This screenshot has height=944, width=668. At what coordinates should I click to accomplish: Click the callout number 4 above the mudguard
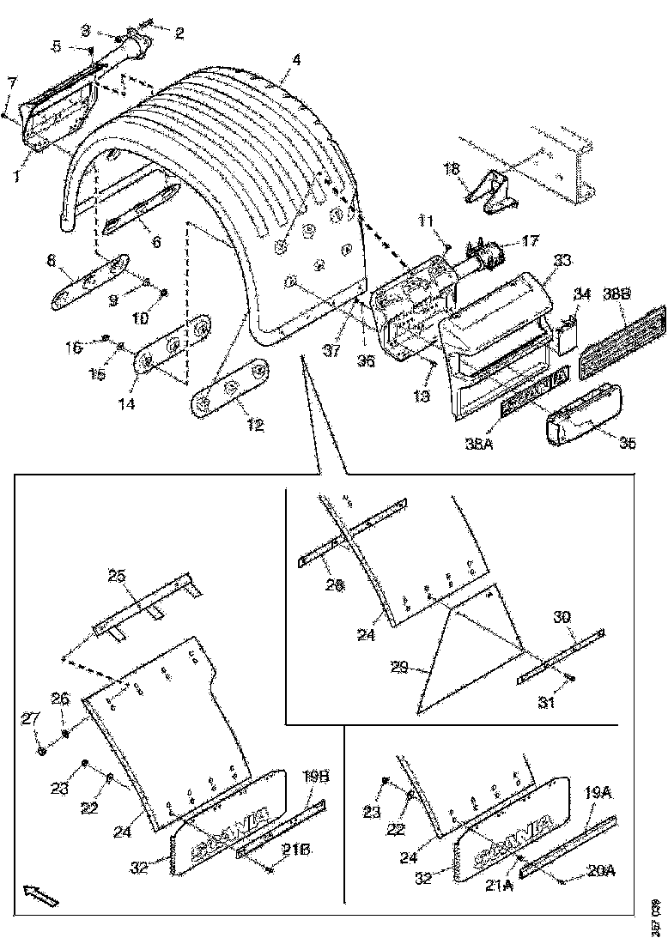295,61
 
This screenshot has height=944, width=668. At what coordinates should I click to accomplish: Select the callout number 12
255,425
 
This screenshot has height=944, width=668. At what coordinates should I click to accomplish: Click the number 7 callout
12,82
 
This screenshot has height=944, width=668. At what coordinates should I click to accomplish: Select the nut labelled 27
42,752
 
